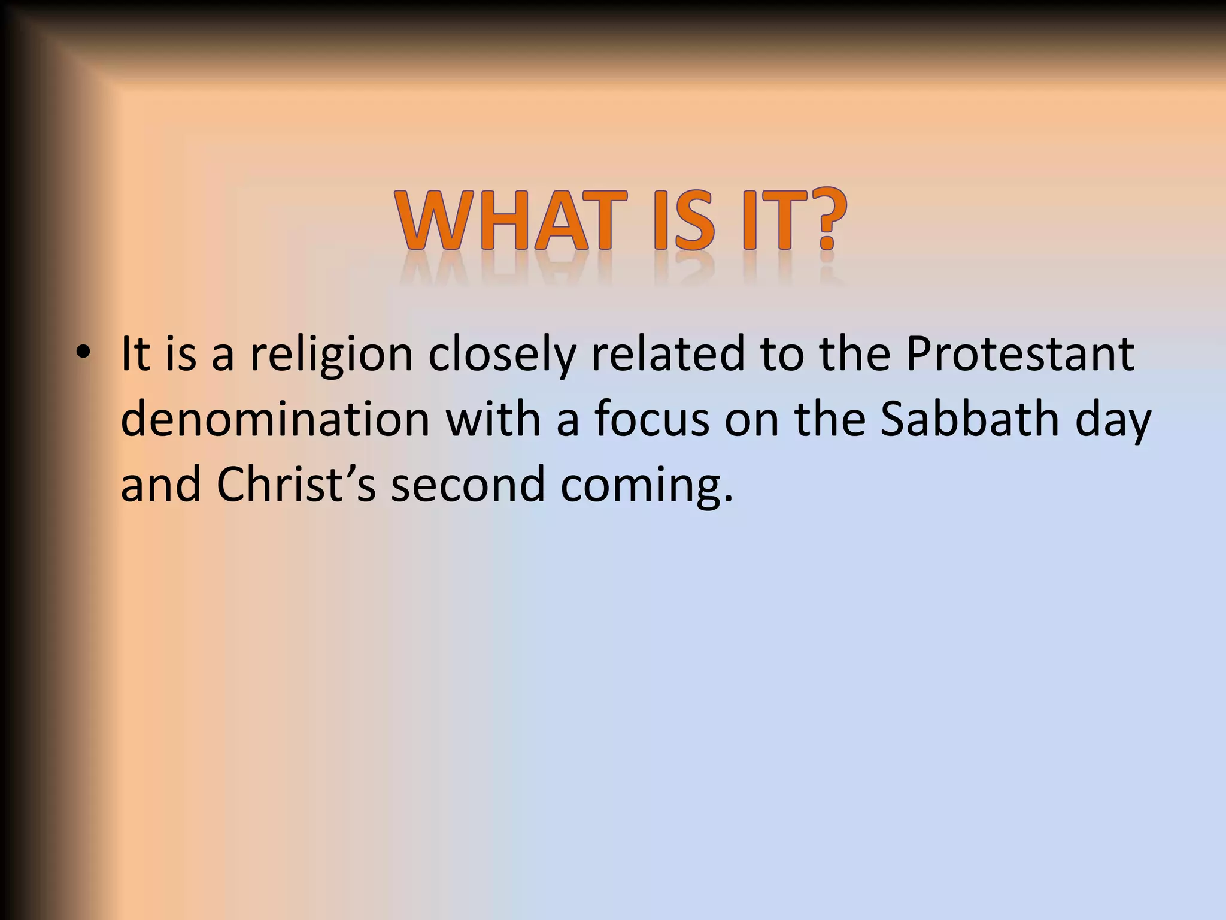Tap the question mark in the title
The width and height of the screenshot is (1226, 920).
coord(826,220)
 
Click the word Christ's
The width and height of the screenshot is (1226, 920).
coord(296,484)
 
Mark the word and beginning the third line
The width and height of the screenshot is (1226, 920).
coord(160,484)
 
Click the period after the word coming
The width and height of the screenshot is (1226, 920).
coord(727,498)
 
